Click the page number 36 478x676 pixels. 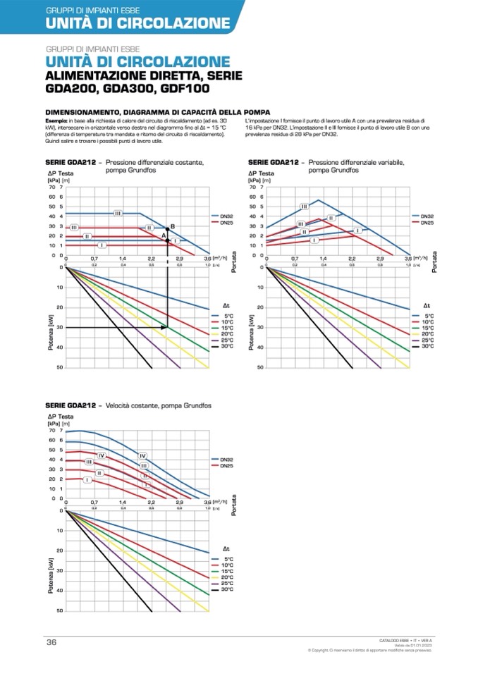point(51,641)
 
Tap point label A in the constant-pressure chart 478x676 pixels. point(163,234)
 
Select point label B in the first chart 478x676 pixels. point(172,226)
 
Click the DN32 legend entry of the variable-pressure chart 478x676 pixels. point(427,216)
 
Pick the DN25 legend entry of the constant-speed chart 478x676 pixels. point(227,465)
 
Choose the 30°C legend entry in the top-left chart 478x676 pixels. point(226,346)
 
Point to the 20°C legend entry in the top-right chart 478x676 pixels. point(427,334)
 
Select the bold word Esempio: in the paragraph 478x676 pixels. point(56,122)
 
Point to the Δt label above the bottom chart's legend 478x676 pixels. point(226,548)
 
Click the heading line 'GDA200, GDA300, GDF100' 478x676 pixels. point(127,90)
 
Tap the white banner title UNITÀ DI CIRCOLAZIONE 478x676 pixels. point(137,23)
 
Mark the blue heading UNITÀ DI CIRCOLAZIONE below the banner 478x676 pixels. point(137,62)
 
